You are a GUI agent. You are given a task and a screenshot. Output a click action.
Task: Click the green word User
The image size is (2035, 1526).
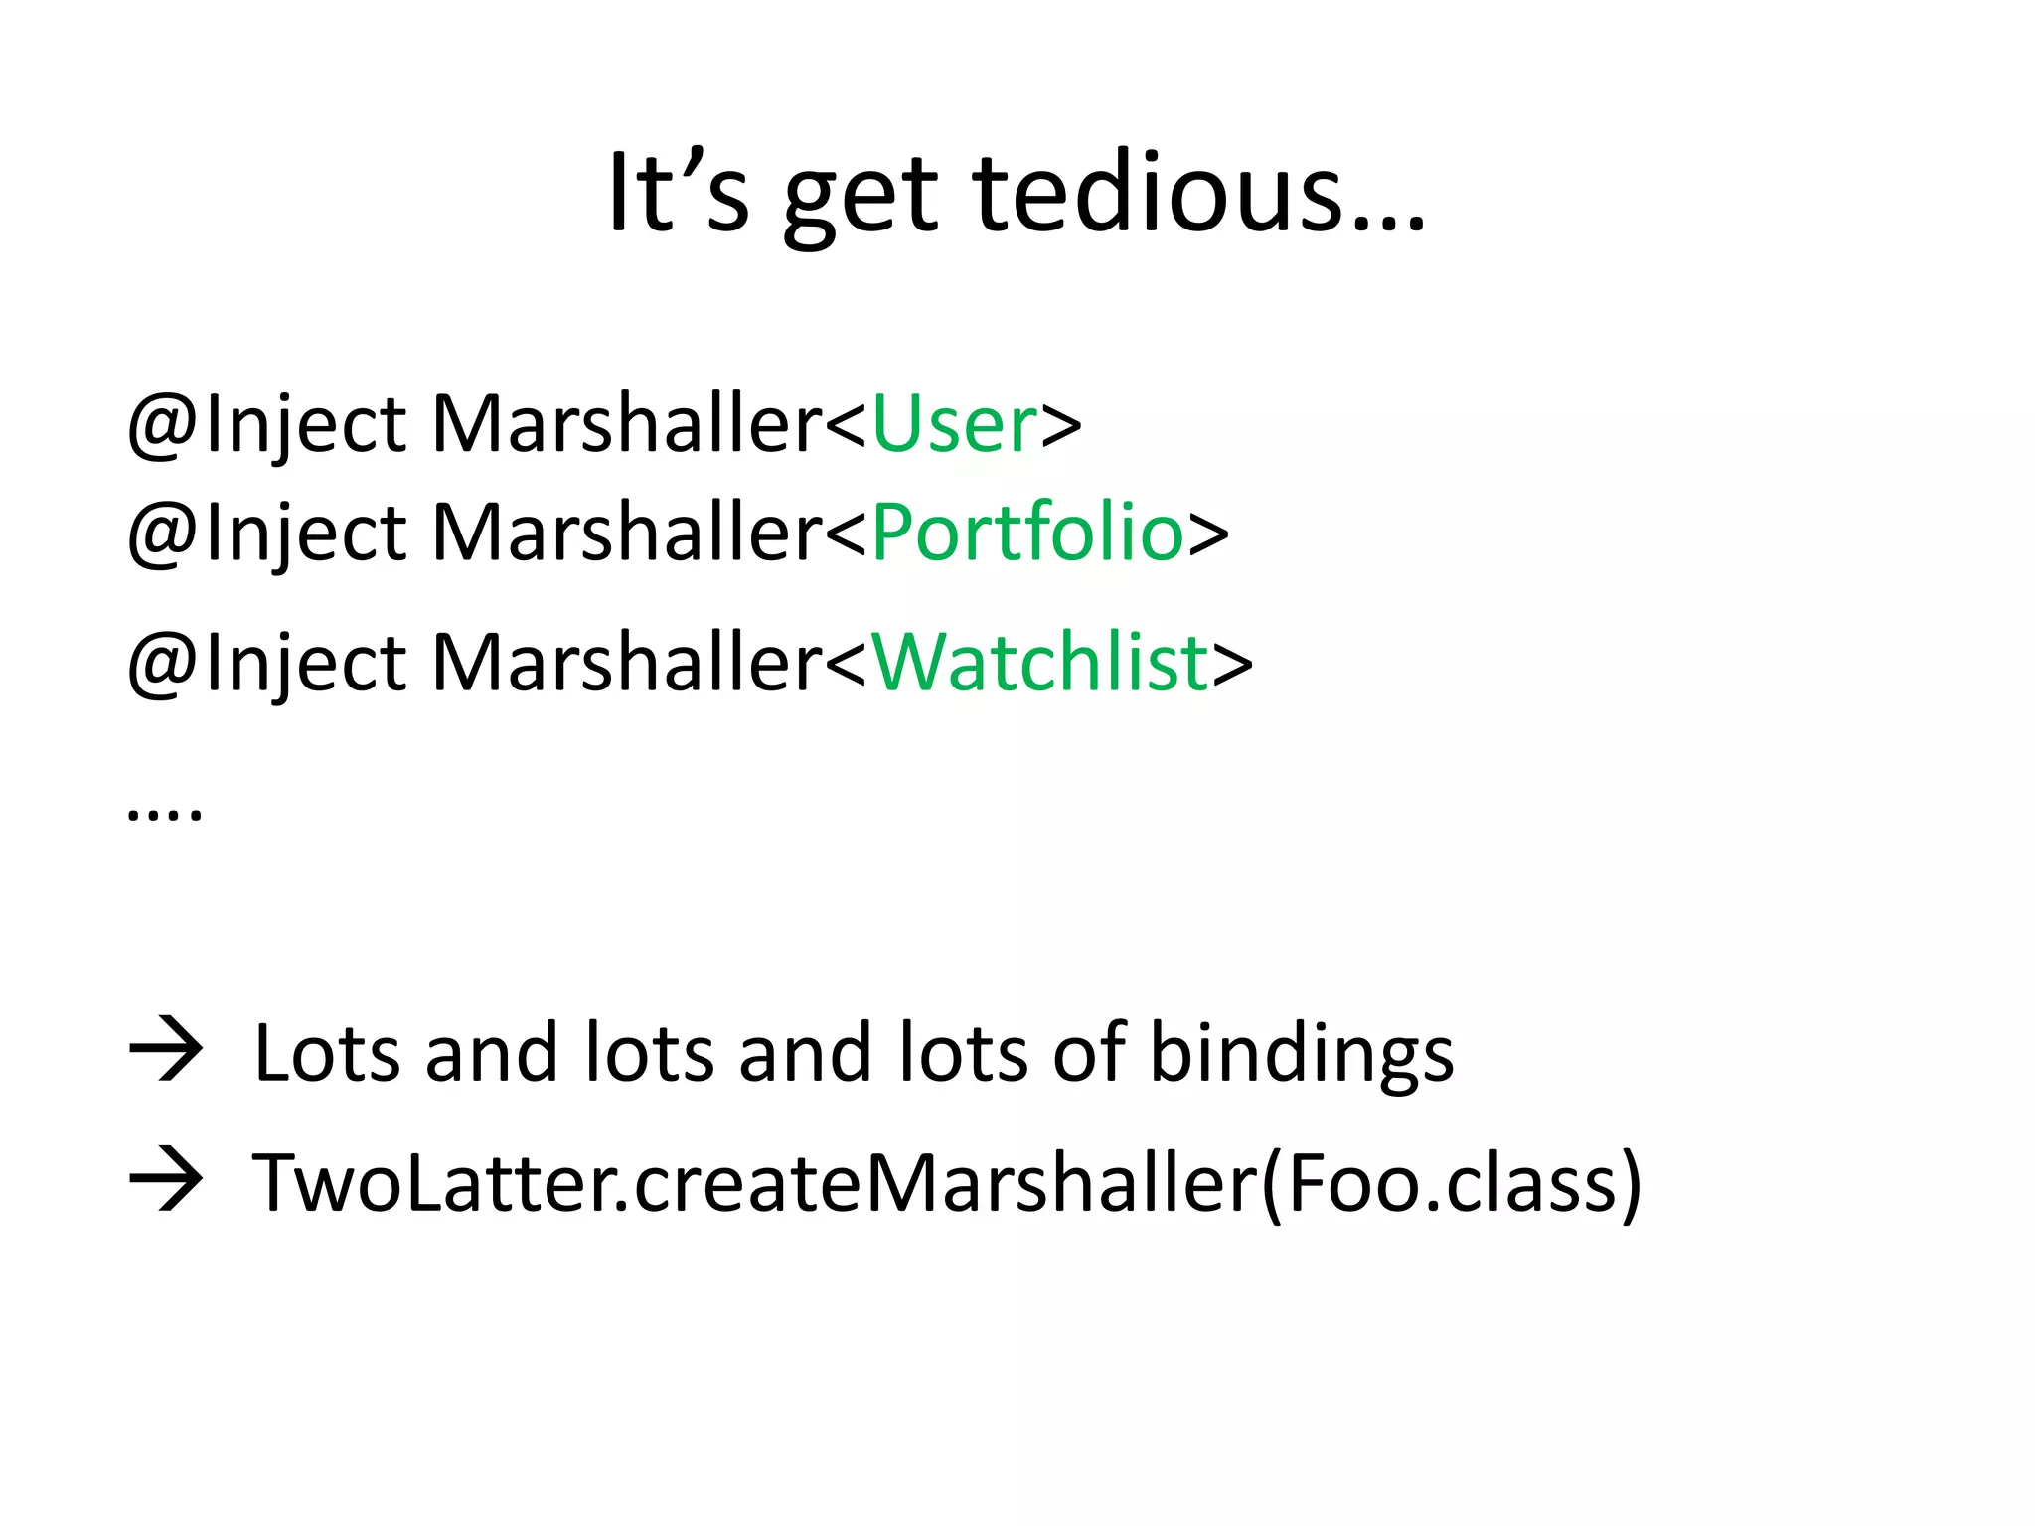click(x=954, y=424)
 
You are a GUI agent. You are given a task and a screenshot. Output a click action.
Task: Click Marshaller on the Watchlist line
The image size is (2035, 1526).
click(x=626, y=663)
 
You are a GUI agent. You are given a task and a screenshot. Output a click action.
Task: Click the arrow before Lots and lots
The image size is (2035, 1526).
click(x=166, y=1050)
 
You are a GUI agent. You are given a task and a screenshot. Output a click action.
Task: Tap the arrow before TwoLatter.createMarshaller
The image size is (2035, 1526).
click(x=166, y=1179)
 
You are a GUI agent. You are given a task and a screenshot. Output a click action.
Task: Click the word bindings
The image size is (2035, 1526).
click(x=1301, y=1055)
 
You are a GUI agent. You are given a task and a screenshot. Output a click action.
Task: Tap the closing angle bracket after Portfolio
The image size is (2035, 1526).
click(x=1208, y=534)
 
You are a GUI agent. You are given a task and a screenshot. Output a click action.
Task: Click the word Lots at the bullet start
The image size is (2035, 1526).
click(x=327, y=1053)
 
